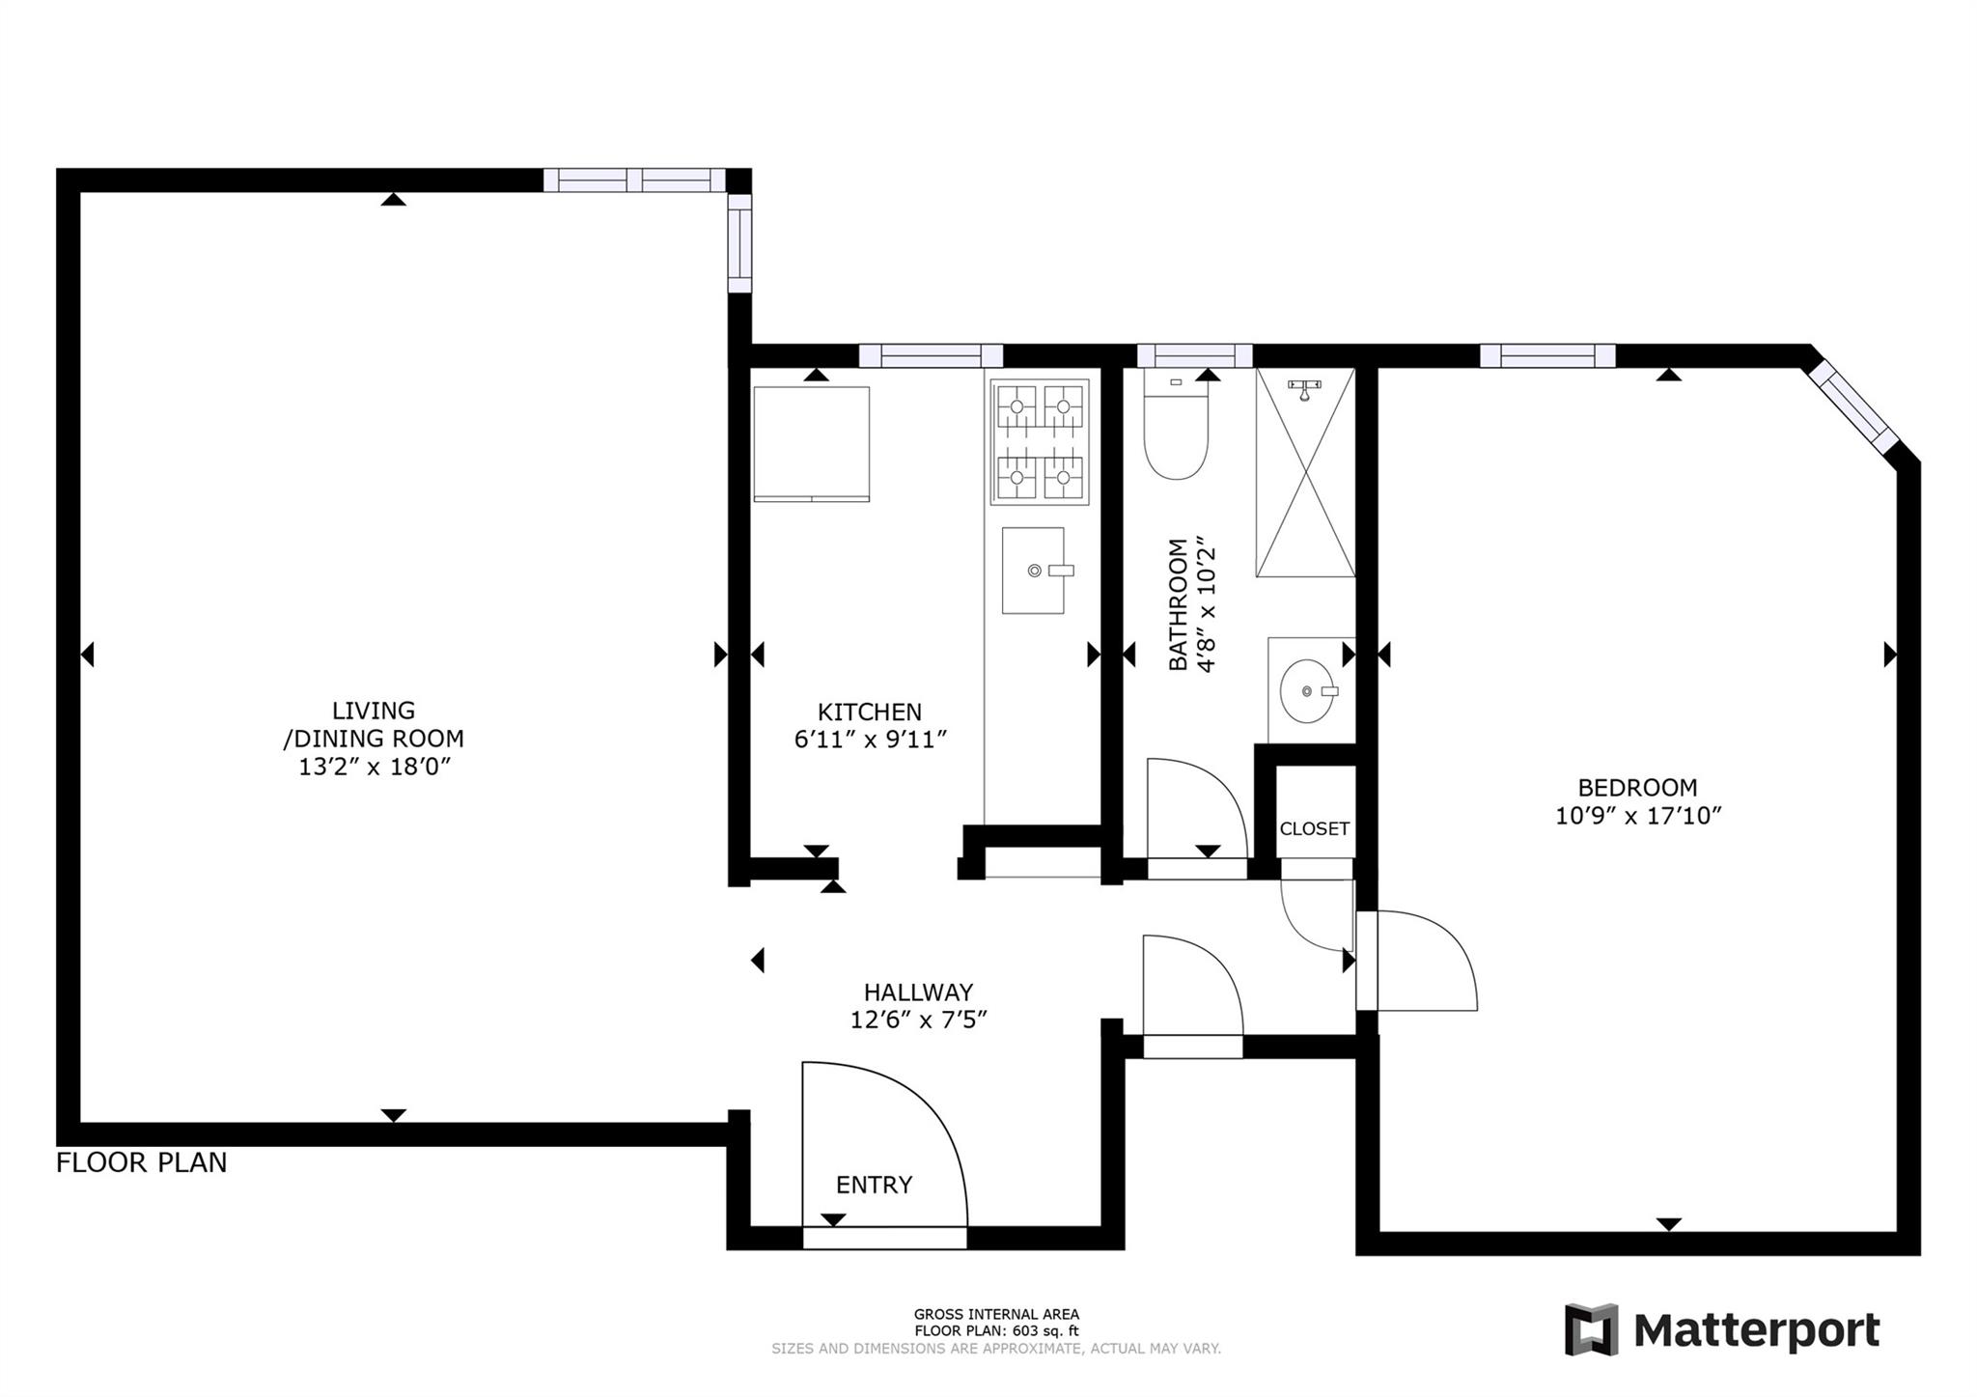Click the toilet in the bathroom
(x=1175, y=430)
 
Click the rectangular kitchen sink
(x=1033, y=571)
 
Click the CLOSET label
(x=1314, y=828)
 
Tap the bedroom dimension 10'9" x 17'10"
(x=1638, y=816)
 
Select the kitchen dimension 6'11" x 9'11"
(x=870, y=740)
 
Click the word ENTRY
(x=874, y=1185)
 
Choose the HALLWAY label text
(x=918, y=992)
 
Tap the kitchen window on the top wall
(x=931, y=355)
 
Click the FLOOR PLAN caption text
(x=142, y=1162)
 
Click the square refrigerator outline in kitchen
(x=811, y=443)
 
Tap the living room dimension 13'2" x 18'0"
(x=375, y=768)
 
